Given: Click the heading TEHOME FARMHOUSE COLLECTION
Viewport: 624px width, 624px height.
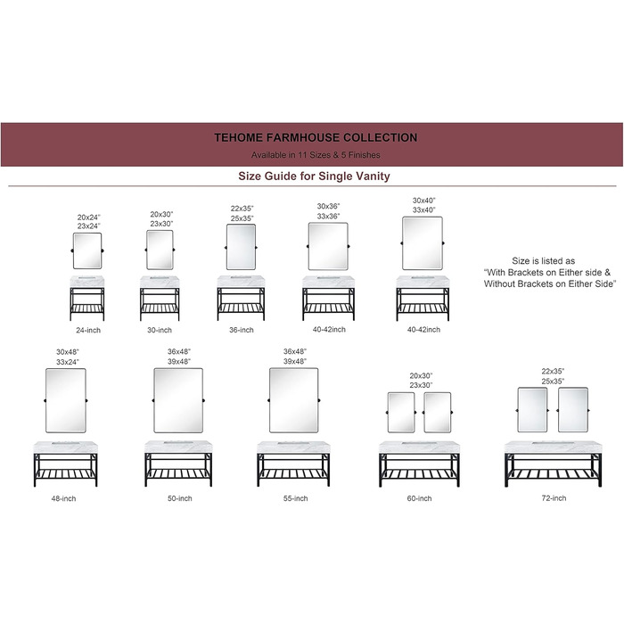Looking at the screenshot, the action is click(x=316, y=137).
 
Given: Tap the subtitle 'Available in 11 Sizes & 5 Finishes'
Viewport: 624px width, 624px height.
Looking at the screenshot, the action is click(x=316, y=155).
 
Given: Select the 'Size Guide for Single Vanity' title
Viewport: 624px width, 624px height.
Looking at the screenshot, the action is click(x=314, y=176).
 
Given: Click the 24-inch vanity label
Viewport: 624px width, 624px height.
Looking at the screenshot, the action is click(x=88, y=330).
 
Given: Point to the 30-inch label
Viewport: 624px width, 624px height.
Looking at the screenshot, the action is click(x=160, y=330).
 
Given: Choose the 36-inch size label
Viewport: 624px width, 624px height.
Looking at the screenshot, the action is click(x=242, y=330).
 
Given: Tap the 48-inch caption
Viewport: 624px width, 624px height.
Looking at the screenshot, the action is click(x=63, y=498).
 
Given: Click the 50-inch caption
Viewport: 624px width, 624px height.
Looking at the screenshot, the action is click(x=180, y=498).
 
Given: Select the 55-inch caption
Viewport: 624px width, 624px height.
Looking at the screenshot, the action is click(x=296, y=498).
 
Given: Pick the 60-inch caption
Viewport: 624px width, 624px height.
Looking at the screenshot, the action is click(x=420, y=498).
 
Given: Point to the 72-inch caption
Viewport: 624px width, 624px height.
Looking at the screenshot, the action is click(x=554, y=497).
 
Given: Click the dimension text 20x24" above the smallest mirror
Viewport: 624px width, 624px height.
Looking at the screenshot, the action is click(x=89, y=218).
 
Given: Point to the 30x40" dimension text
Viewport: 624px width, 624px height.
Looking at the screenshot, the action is click(x=423, y=201).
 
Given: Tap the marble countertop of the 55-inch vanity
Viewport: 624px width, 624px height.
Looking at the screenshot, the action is click(x=293, y=447).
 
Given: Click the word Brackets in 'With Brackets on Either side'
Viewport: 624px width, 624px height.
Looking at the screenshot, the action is click(x=525, y=273).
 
